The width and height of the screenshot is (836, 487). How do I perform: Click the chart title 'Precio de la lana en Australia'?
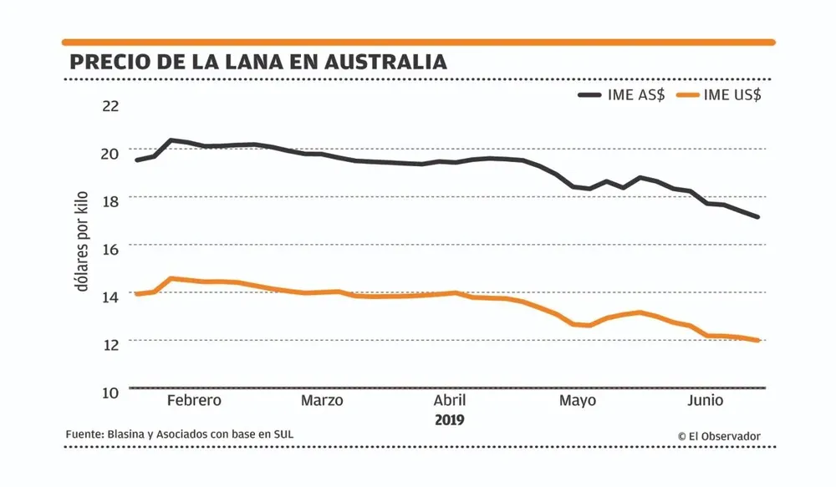[257, 62]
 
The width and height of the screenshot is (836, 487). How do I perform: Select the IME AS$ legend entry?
[622, 94]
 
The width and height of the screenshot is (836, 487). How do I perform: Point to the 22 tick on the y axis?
[110, 106]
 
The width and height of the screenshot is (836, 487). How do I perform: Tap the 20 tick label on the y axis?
[110, 154]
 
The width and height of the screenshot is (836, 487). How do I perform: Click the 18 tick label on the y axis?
[110, 200]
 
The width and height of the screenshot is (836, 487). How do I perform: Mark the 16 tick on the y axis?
[110, 248]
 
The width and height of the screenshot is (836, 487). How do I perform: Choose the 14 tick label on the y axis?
[110, 296]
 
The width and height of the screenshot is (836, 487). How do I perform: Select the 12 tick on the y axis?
[110, 343]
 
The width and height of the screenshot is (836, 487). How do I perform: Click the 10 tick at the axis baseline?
[110, 391]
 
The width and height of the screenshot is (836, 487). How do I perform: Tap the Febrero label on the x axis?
[194, 400]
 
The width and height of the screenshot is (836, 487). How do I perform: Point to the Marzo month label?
[322, 400]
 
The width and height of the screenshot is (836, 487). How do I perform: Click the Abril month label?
[450, 400]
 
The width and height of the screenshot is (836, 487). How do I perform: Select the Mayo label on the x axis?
[578, 400]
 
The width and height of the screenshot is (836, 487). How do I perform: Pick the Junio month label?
[706, 400]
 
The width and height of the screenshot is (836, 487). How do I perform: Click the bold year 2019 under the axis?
[450, 419]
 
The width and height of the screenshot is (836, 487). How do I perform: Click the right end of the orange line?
[757, 340]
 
